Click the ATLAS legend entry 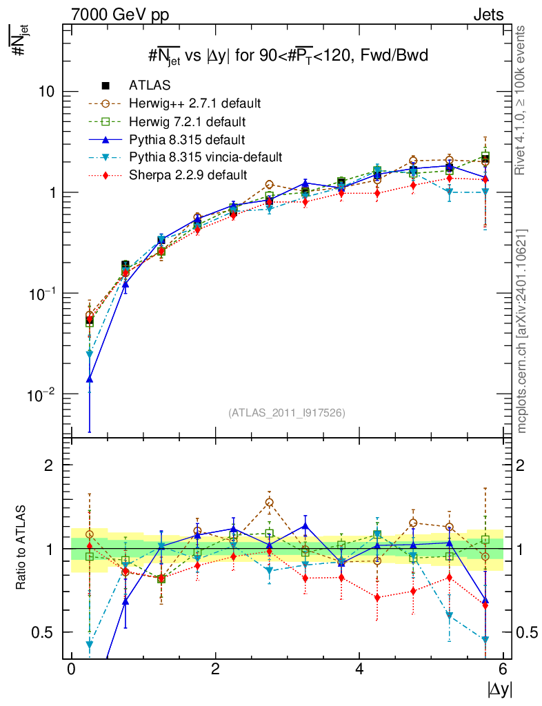[149, 85]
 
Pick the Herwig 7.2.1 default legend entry [187, 122]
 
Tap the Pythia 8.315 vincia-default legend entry [205, 157]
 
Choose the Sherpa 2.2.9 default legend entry [188, 175]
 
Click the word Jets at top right [488, 14]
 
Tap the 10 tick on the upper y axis [46, 92]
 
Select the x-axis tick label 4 [359, 670]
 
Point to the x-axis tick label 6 [503, 670]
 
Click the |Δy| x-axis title [498, 689]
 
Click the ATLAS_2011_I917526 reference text [286, 413]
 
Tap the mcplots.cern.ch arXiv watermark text [522, 331]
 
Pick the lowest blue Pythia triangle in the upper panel [90, 379]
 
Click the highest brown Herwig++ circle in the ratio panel [269, 503]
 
